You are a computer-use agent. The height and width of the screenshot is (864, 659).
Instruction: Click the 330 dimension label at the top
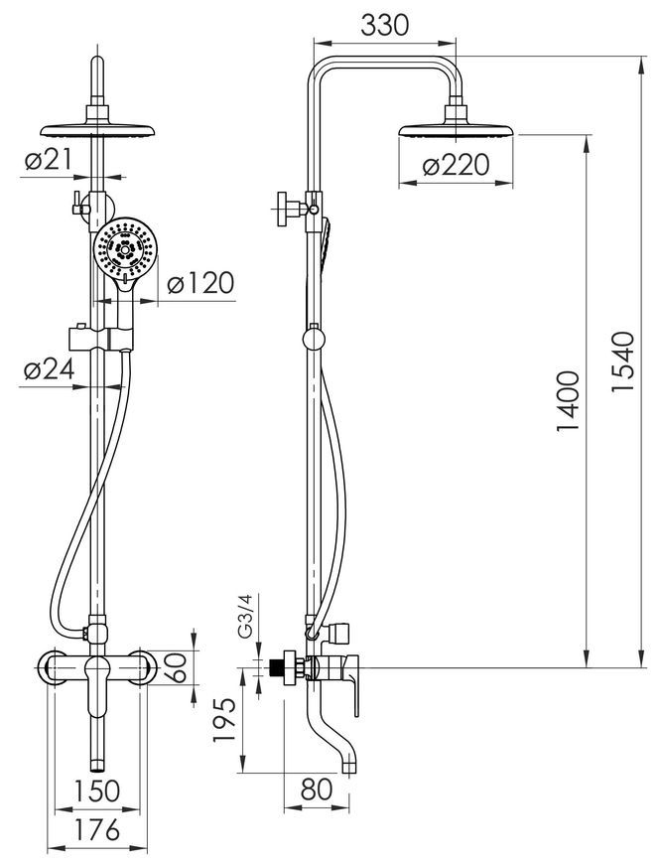point(385,25)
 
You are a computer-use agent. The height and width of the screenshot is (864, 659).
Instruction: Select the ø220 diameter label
point(456,165)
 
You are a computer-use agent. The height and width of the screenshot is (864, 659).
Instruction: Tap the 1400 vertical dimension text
point(568,400)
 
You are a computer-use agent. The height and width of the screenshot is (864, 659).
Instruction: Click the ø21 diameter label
point(49,160)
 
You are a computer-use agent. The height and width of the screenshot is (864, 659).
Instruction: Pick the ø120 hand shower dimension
point(200,283)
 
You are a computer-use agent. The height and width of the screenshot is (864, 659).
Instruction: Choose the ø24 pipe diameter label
point(50,370)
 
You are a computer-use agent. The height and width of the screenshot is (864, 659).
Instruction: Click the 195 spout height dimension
point(224,721)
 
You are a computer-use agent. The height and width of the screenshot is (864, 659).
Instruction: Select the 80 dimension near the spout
point(318,790)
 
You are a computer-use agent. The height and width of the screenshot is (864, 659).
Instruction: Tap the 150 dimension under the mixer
point(97,791)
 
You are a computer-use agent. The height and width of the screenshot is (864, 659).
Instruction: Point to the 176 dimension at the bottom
point(97,830)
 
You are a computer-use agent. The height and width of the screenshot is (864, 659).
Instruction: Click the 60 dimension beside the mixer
point(178,667)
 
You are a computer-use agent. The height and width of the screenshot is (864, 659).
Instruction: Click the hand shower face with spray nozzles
point(125,248)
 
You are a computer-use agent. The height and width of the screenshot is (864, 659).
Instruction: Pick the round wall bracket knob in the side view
point(314,338)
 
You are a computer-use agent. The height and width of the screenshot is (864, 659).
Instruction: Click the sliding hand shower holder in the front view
point(101,338)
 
